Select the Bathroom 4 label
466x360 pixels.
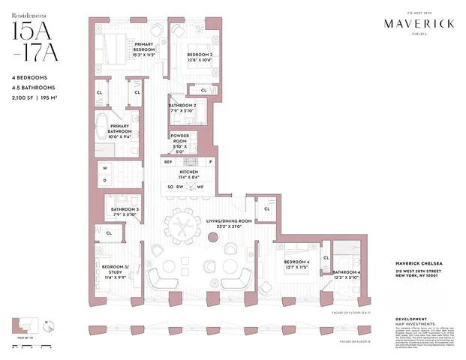click(x=347, y=274)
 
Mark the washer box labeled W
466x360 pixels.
click(x=105, y=168)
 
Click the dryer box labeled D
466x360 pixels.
click(x=105, y=180)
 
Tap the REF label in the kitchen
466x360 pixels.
click(x=168, y=161)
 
